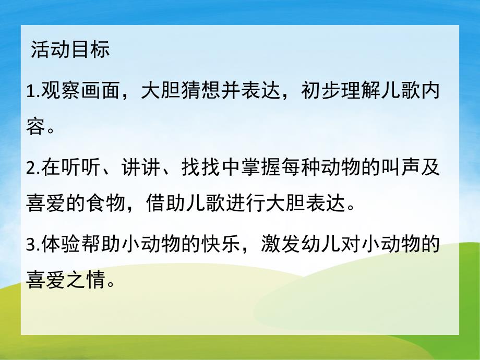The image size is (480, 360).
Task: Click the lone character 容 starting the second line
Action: pyautogui.click(x=34, y=127)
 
